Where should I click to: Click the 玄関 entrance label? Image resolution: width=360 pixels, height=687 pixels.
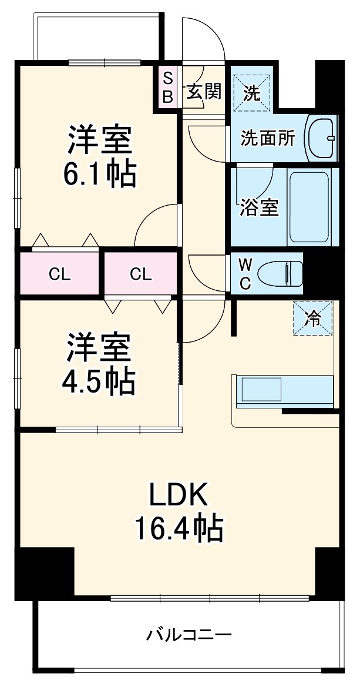click(x=204, y=91)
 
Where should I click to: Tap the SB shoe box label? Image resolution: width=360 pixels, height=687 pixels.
click(x=167, y=87)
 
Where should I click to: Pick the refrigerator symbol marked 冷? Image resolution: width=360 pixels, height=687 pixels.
click(x=313, y=318)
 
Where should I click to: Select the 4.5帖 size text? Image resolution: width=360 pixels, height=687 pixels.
click(x=99, y=381)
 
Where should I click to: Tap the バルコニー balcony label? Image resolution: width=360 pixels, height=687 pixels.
click(x=189, y=635)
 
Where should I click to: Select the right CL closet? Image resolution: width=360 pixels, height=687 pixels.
click(x=141, y=273)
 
